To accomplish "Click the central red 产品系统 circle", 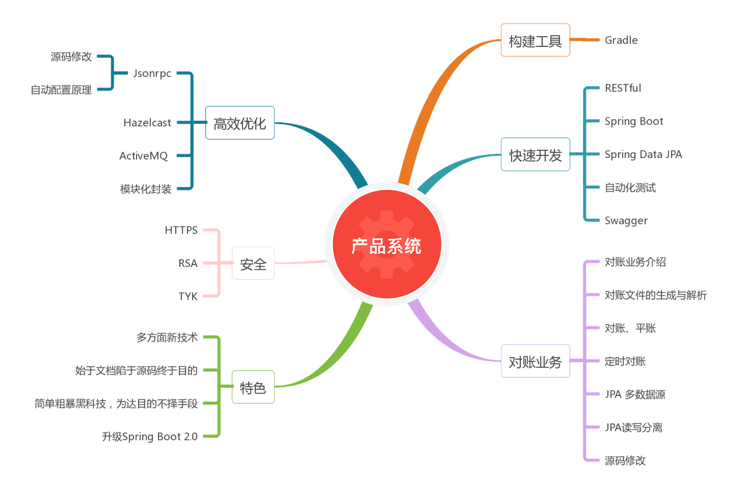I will pos(387,245).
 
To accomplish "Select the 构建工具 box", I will pos(535,40).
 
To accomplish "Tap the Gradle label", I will pos(621,40).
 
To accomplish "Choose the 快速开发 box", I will pos(535,154).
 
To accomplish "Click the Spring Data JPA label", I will pos(643,154).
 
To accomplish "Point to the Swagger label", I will pos(626,221).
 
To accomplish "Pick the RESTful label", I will pos(623,88).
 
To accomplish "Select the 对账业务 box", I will pos(535,361).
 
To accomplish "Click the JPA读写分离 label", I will pos(633,427).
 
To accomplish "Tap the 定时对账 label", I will pos(625,361).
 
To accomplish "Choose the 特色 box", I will pos(253,387).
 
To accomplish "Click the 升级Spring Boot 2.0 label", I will pos(150,437).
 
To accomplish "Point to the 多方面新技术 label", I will pos(167,337).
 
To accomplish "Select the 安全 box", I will pos(253,263).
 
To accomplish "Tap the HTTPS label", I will pos(181,230).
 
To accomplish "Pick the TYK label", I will pos(188,296).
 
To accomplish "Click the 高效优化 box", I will pos(240,123).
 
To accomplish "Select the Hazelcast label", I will pos(147,123).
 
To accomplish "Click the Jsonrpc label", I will pos(152,73).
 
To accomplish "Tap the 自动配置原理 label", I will pos(61,90).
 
